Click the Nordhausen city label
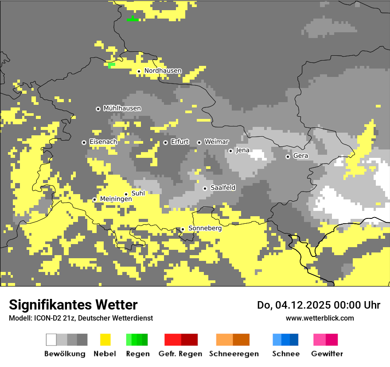(163, 71)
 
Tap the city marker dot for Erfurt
(165, 142)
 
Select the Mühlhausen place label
(122, 108)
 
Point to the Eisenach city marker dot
(84, 142)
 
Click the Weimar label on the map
(216, 142)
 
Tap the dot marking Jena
(230, 151)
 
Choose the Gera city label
(300, 156)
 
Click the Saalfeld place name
(223, 188)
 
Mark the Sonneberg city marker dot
(183, 229)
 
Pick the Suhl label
(138, 193)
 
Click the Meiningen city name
(116, 199)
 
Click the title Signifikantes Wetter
(73, 305)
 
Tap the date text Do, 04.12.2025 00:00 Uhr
(318, 305)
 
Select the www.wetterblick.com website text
(320, 318)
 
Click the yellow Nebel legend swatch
(105, 340)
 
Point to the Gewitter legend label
(327, 354)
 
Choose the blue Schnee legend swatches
(285, 340)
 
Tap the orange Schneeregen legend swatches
(233, 340)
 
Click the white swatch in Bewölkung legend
(51, 340)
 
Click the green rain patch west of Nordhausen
(111, 65)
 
